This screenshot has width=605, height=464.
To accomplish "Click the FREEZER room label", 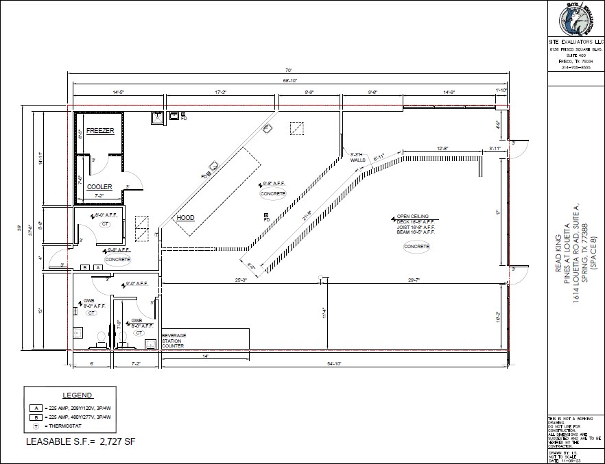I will (99, 130).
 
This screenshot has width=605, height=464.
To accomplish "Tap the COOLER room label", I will (99, 186).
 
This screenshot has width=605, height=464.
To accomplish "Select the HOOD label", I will (185, 218).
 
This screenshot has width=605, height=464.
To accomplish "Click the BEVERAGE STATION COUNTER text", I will (174, 341).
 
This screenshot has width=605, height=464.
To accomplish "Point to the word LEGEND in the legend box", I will (78, 395).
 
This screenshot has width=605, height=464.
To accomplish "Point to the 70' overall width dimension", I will (289, 70).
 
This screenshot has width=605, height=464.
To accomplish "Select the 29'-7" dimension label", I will (413, 280).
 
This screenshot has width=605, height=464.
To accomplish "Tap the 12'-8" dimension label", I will (442, 149).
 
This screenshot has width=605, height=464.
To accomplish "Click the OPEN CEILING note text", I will (414, 217).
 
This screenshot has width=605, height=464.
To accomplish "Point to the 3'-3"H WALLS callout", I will (357, 158).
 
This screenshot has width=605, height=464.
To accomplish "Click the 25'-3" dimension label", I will (241, 280).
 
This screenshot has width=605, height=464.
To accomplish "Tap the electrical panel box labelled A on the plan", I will (98, 267).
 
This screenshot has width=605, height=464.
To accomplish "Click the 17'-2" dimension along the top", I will (221, 91).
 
